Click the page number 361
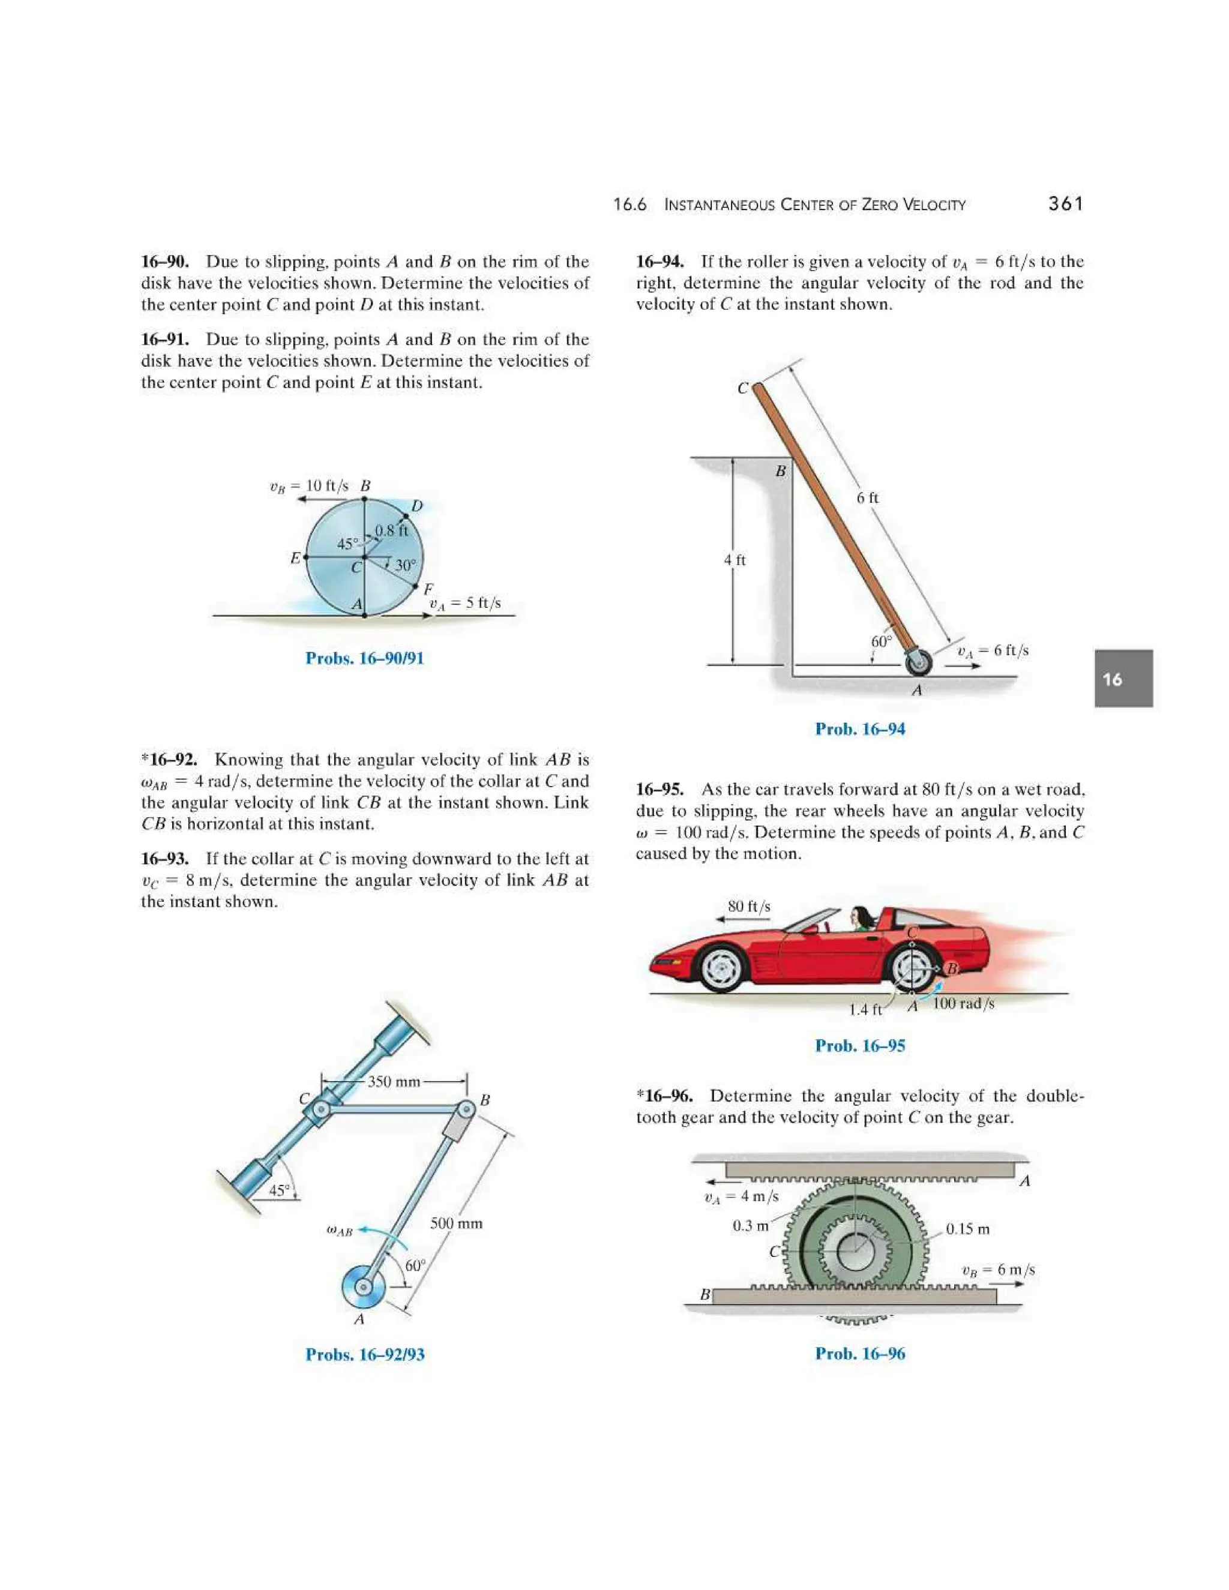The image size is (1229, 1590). (x=1065, y=204)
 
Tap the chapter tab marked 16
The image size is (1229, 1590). (x=1123, y=679)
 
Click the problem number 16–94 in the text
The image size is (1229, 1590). (x=660, y=262)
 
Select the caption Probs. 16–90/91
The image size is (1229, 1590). (x=364, y=658)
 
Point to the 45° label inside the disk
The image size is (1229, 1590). (x=347, y=543)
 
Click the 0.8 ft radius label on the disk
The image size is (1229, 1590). (x=392, y=530)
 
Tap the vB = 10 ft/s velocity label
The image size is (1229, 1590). (x=310, y=485)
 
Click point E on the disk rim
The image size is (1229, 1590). (x=305, y=557)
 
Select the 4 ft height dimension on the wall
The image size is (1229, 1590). (x=734, y=560)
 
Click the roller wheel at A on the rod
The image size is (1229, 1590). (x=919, y=662)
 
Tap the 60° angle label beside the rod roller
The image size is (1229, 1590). (x=881, y=641)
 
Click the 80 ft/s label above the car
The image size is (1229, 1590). (x=749, y=907)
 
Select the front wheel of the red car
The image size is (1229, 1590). (x=721, y=968)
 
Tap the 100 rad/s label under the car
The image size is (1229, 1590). (x=963, y=1004)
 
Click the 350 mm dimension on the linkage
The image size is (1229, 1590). (x=394, y=1081)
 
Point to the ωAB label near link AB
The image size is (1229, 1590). (x=339, y=1231)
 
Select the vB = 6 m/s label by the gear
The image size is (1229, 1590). (x=997, y=1270)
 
